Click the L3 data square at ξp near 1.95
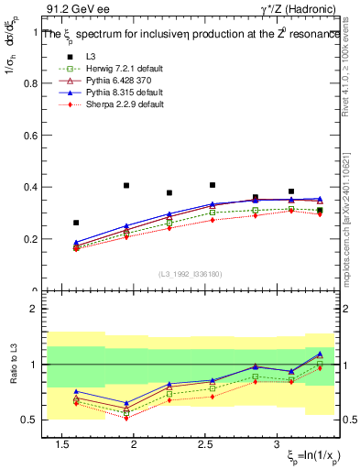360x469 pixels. pos(126,185)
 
